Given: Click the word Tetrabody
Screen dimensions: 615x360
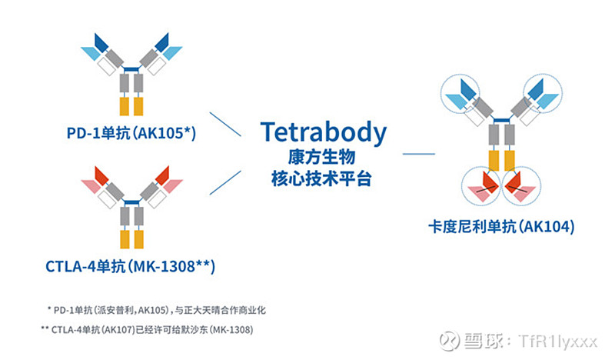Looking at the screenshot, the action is click(323, 132).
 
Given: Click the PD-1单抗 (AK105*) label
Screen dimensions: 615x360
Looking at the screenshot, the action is click(131, 133).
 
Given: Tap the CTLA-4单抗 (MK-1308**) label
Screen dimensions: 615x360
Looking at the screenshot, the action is click(130, 267).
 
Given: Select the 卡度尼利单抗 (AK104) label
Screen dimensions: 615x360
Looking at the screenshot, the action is click(501, 226).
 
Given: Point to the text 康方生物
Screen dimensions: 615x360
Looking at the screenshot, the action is click(321, 158).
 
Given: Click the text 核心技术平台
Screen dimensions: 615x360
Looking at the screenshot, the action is click(321, 179).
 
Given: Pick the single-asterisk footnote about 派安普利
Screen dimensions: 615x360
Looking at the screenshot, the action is click(156, 310).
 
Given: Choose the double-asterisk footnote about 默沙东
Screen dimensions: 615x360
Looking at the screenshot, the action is click(147, 329).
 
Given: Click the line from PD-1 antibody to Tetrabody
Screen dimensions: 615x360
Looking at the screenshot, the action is click(225, 125).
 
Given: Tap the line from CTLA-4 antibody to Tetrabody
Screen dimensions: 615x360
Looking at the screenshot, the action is click(225, 182).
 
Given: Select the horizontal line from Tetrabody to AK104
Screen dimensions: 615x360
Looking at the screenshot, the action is click(419, 154).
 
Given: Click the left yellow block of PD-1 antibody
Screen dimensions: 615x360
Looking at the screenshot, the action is click(125, 106).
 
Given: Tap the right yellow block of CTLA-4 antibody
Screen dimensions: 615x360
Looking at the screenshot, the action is click(139, 239).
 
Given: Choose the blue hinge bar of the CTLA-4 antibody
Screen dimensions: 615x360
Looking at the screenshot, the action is click(131, 202).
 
